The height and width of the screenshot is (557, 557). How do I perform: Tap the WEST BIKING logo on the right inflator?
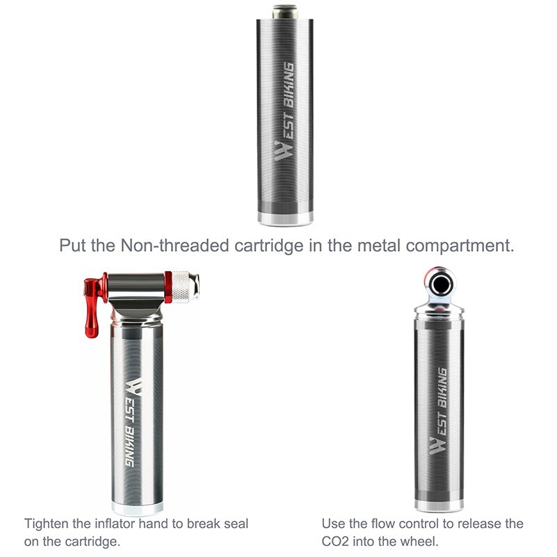pyautogui.click(x=438, y=410)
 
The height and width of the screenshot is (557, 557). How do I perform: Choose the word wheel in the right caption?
pyautogui.click(x=423, y=541)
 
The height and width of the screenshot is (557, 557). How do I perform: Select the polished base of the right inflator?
pyautogui.click(x=438, y=504)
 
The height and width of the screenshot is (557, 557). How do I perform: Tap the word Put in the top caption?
pyautogui.click(x=72, y=246)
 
